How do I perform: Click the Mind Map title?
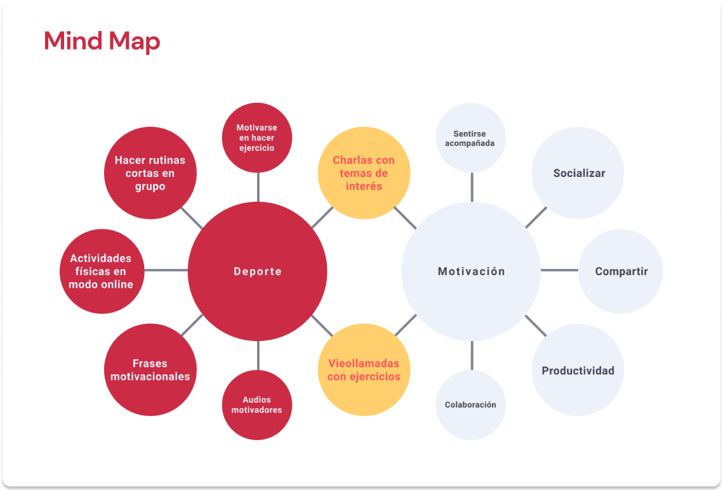pos(102,41)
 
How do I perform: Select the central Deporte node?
pos(258,271)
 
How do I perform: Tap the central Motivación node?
pos(471,271)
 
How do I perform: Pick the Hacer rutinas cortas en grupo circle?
pos(150,173)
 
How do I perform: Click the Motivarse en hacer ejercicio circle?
pos(257,138)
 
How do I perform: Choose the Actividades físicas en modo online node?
pos(102,271)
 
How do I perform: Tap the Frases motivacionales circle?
pos(150,370)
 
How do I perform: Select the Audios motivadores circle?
pos(257,405)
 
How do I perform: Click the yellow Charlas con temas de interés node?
pos(364,173)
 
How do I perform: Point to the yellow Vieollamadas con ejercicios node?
pos(364,370)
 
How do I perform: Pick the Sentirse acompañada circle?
pos(470,138)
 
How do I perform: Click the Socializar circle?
pos(578,173)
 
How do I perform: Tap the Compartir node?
pos(621,271)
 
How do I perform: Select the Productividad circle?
pos(578,370)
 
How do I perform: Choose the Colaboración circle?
pos(470,405)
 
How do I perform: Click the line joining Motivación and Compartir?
pos(559,271)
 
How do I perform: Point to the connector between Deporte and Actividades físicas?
pos(166,271)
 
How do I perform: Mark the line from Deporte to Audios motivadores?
pos(258,355)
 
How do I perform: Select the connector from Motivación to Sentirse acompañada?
pos(472,187)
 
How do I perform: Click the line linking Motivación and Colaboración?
pos(472,355)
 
